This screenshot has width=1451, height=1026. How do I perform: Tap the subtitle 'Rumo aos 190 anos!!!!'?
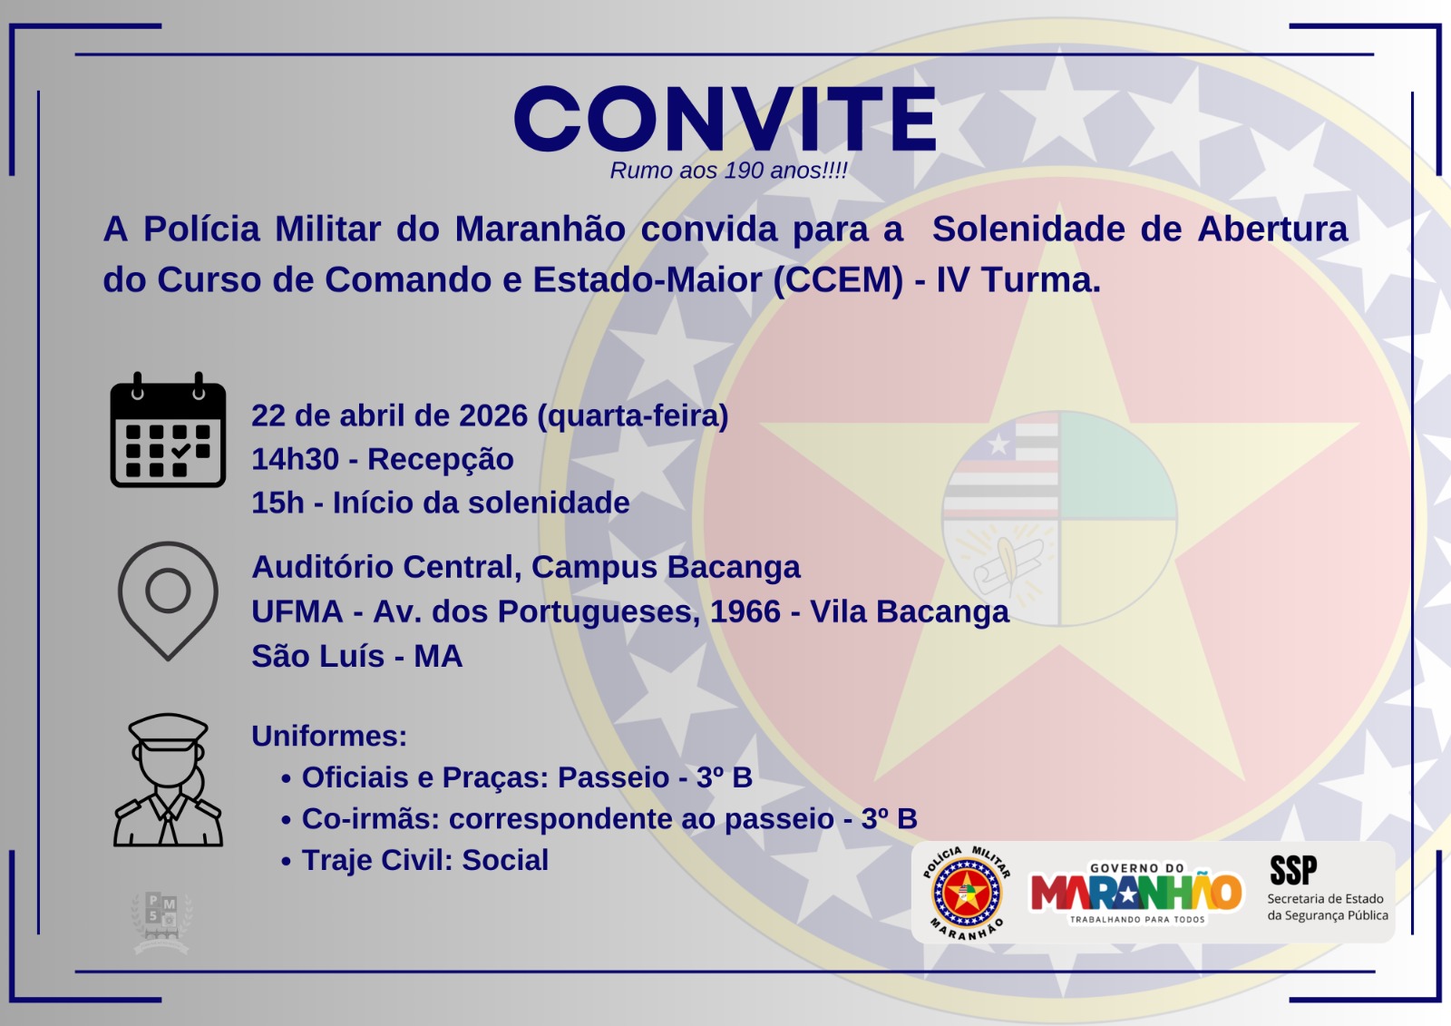[x=728, y=171]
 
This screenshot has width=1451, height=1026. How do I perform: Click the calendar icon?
[x=168, y=431]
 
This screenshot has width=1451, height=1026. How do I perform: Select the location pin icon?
[x=168, y=600]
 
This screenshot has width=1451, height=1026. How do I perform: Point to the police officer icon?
[x=168, y=780]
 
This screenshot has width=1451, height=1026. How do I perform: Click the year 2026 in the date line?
[x=493, y=415]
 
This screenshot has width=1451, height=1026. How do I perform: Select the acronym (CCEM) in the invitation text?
[x=838, y=280]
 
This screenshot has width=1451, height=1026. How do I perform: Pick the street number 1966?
[x=745, y=611]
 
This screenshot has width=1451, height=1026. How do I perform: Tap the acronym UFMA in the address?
[x=297, y=611]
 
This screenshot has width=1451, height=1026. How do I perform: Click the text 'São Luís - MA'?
[x=356, y=656]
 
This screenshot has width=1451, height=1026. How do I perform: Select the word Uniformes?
[x=329, y=736]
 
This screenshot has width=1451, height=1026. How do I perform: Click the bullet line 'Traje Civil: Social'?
[x=424, y=860]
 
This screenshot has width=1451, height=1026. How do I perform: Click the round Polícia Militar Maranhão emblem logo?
[x=967, y=893]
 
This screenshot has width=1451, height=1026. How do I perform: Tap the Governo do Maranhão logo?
[x=1136, y=893]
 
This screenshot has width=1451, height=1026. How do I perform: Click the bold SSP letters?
[x=1292, y=871]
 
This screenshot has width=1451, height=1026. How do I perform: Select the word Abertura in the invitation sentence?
[x=1272, y=230]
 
